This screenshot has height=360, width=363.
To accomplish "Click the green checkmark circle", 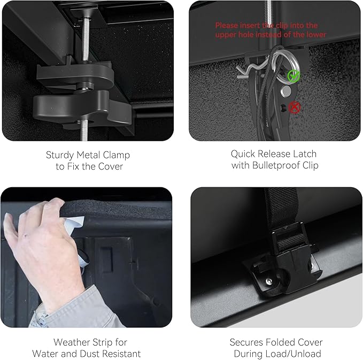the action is (x=294, y=76).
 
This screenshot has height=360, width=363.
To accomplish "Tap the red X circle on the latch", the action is (x=295, y=108).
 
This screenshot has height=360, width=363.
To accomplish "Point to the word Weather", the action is (x=71, y=342).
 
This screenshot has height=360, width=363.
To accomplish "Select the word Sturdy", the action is (x=60, y=156).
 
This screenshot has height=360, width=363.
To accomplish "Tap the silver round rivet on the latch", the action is (x=285, y=91).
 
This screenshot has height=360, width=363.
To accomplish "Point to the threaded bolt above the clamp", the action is (x=86, y=40).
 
